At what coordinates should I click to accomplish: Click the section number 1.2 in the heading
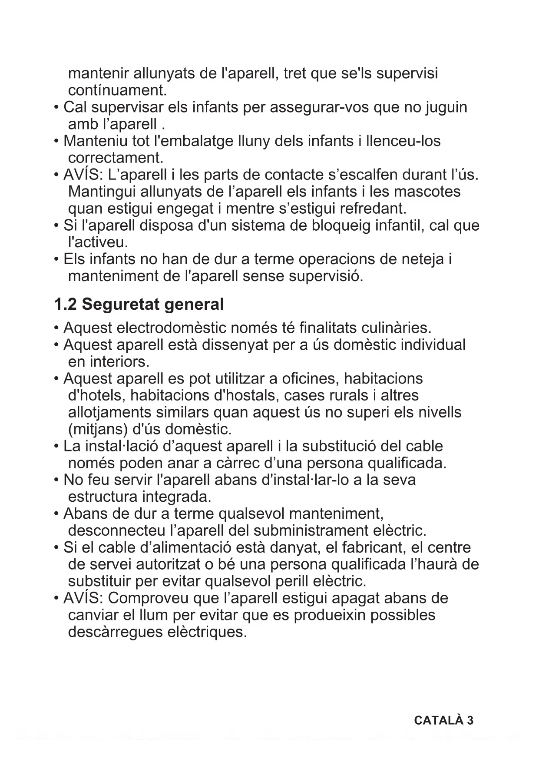pyautogui.click(x=65, y=305)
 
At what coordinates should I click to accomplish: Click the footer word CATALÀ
pyautogui.click(x=439, y=720)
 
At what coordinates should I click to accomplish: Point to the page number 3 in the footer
pyautogui.click(x=470, y=720)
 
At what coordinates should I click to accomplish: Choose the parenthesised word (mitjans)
pyautogui.click(x=98, y=429)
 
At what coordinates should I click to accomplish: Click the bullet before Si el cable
pyautogui.click(x=56, y=547)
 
